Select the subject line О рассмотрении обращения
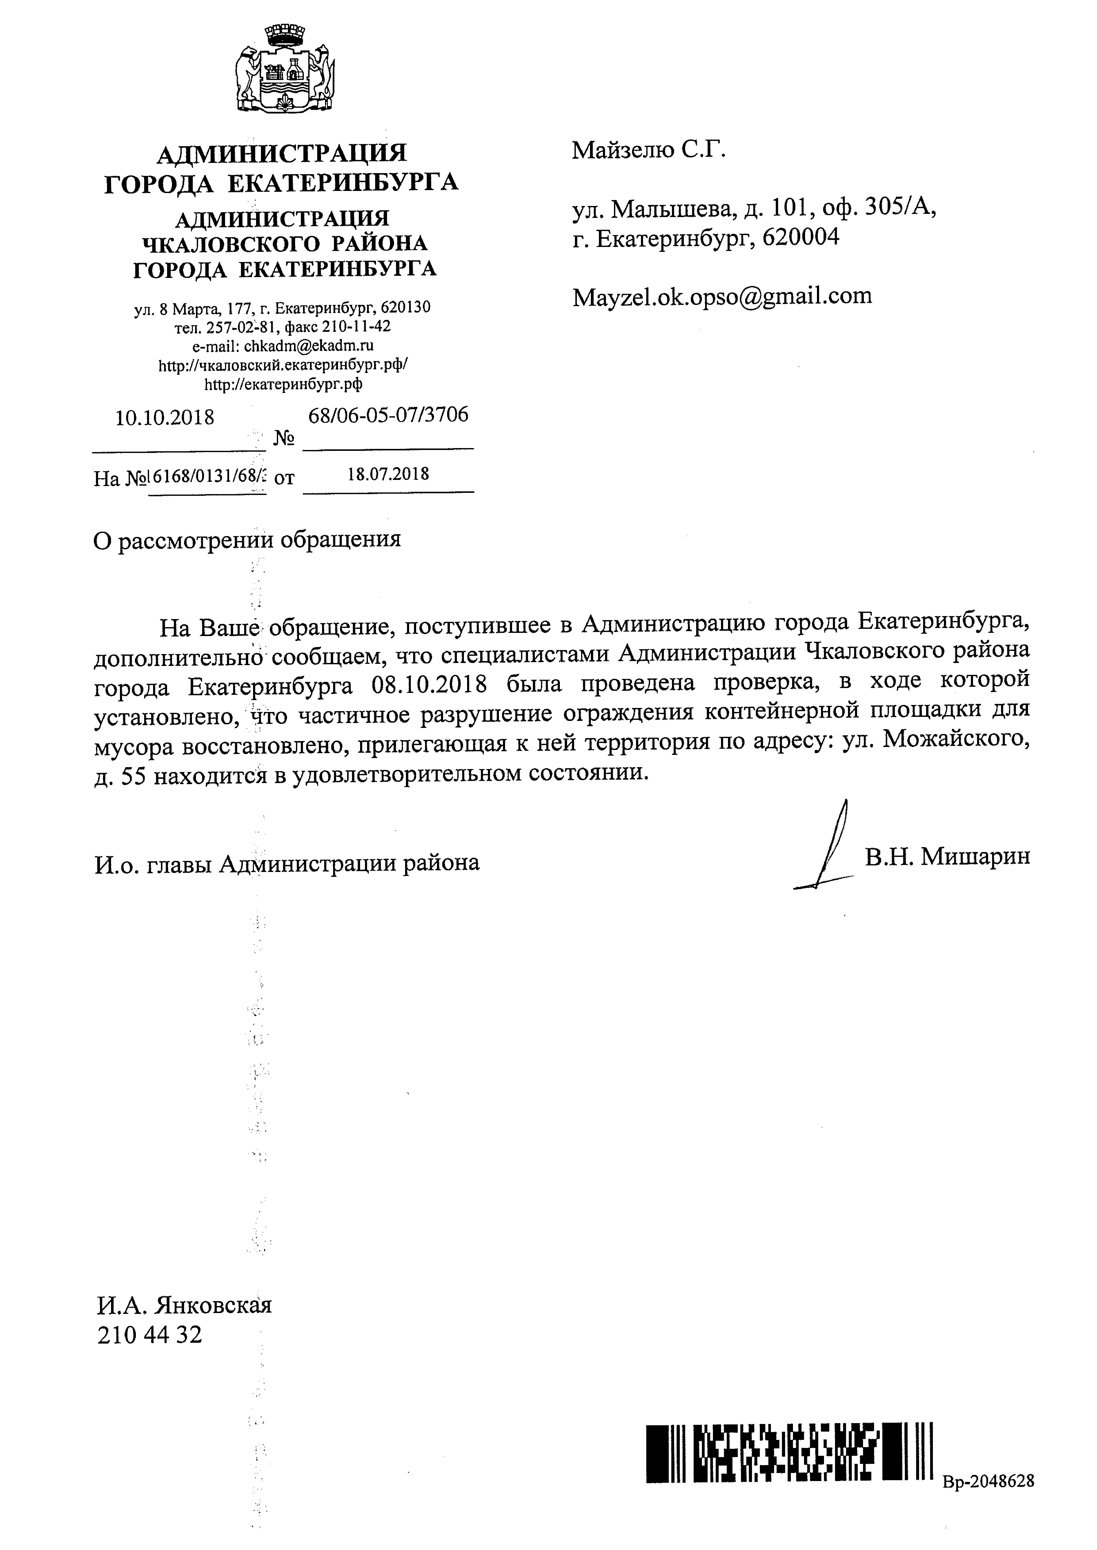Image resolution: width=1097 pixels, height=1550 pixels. click(247, 539)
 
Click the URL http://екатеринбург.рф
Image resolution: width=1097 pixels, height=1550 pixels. click(283, 384)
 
